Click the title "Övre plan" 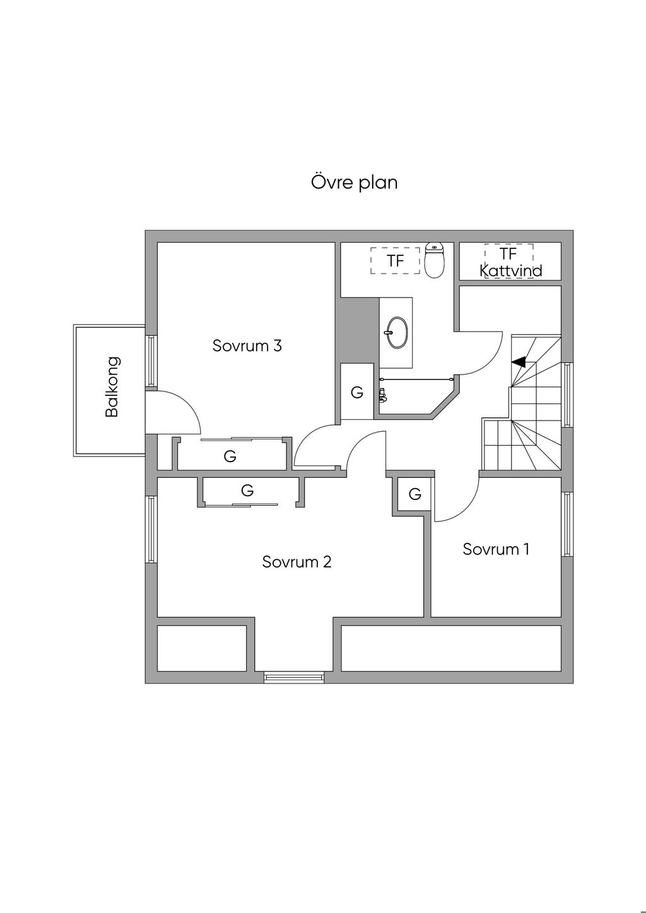coord(355,182)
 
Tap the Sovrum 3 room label coord(247,346)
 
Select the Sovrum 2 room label coord(297,561)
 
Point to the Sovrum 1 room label coord(496,549)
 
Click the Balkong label coord(112,387)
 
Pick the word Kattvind coord(510,271)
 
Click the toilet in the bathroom coord(435,260)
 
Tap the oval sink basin coord(397,332)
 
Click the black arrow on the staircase coord(518,362)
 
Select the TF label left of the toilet coord(395,260)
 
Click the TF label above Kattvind coord(508,253)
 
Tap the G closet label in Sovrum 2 coord(247,490)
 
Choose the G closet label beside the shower coord(357,392)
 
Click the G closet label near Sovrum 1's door coord(414,494)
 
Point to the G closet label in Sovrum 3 coord(230,456)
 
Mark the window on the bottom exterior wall coord(295,678)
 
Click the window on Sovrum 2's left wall coord(151,530)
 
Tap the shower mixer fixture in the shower coord(382,395)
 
